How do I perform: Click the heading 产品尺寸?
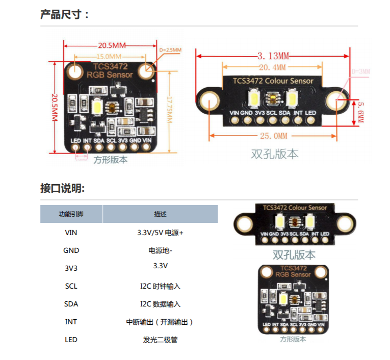click(x=64, y=14)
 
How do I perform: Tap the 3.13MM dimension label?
click(x=273, y=55)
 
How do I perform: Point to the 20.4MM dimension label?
click(x=272, y=67)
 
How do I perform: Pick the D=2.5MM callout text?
click(x=170, y=50)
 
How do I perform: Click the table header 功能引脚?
click(x=71, y=214)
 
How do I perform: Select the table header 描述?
click(x=160, y=214)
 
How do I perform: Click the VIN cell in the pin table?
click(x=71, y=233)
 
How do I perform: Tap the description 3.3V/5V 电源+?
click(x=160, y=233)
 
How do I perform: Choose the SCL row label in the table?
click(x=71, y=286)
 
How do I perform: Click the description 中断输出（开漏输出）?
click(x=160, y=322)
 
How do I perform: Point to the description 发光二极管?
click(x=160, y=340)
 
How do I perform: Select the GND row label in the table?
click(x=71, y=250)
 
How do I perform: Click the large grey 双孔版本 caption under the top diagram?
click(x=275, y=153)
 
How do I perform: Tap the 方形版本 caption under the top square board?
click(x=111, y=160)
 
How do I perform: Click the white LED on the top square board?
click(x=97, y=106)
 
